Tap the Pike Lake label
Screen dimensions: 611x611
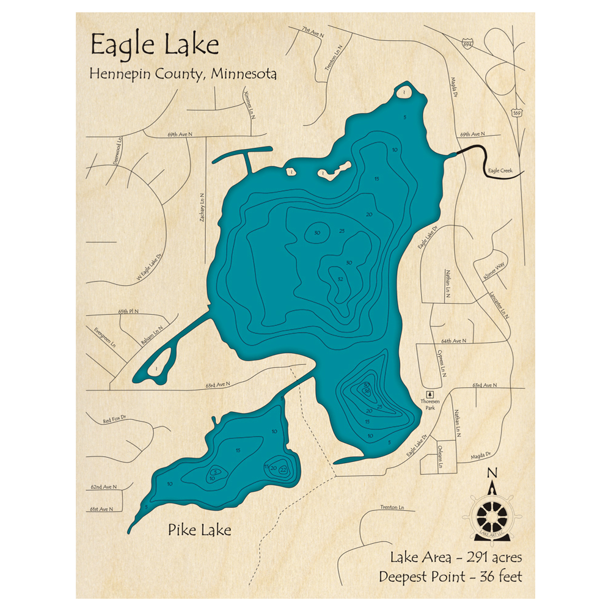tap(200, 530)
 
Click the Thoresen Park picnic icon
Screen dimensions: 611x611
tap(430, 394)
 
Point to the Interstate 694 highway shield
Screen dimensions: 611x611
tap(467, 45)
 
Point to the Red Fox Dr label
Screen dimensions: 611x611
tap(115, 420)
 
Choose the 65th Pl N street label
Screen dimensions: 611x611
tap(129, 312)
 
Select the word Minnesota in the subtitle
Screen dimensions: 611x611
tap(244, 74)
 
